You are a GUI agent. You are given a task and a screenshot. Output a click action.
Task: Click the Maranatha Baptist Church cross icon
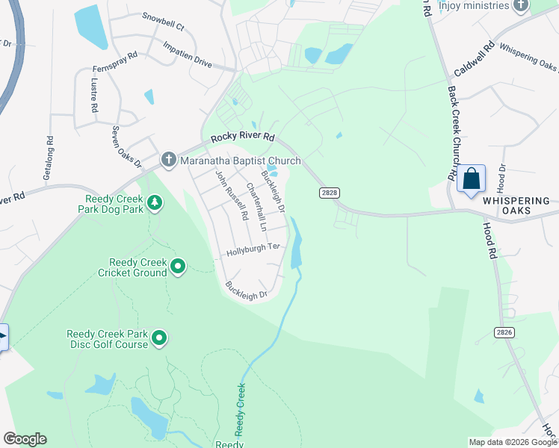coord(169,160)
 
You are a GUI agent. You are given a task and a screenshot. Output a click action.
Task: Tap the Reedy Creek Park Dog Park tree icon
coord(155,203)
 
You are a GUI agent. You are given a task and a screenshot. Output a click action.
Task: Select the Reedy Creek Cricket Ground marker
coord(178,267)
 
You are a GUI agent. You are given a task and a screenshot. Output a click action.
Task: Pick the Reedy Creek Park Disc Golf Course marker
coord(159,339)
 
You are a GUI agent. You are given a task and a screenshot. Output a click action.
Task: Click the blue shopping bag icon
coord(471,179)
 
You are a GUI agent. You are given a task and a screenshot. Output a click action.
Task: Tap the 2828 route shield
coord(330,193)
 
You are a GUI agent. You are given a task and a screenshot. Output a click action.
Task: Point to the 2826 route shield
coord(505,331)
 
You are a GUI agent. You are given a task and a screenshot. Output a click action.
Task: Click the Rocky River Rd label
coord(244,137)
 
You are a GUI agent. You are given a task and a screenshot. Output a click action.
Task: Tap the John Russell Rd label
coord(232,196)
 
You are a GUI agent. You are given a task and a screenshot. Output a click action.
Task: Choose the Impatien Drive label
coord(188,57)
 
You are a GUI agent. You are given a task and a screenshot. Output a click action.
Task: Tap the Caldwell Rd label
coord(474,60)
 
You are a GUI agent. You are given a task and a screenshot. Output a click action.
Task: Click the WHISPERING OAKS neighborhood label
coord(516,206)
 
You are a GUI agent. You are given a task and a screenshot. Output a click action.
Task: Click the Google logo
coord(25,439)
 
